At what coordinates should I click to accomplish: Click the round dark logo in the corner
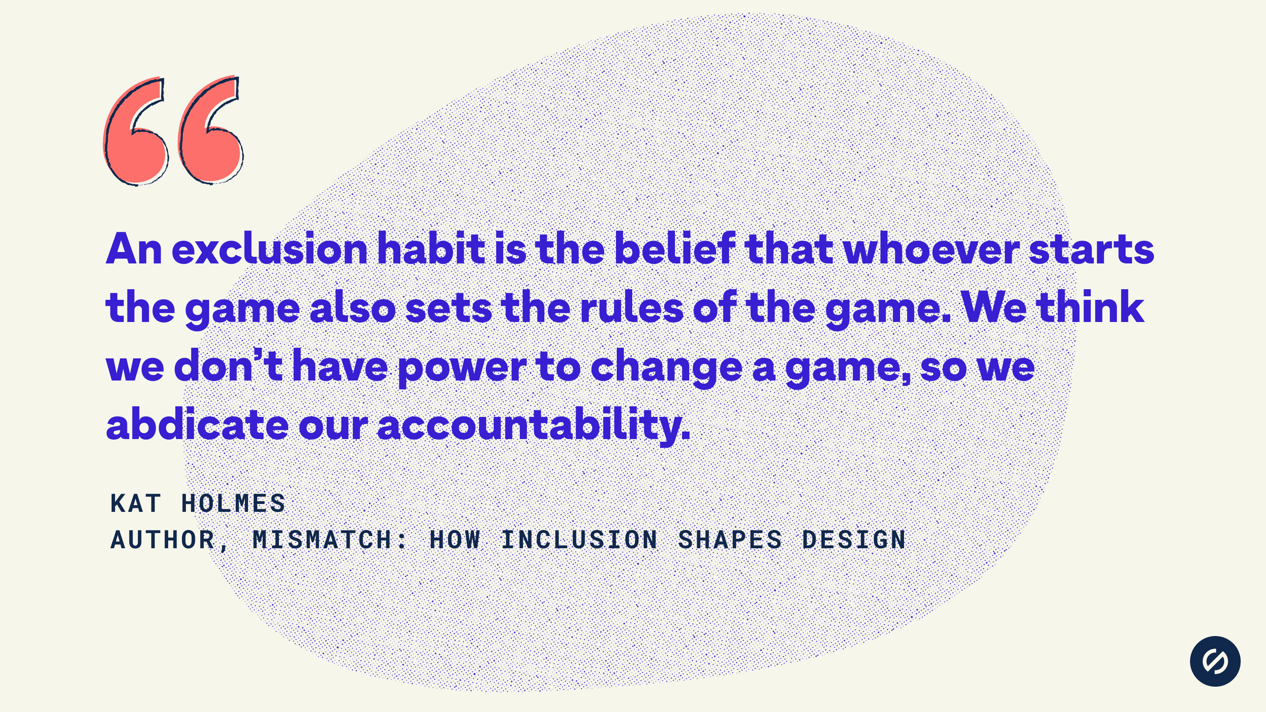pos(1215,661)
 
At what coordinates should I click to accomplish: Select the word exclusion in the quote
pos(270,249)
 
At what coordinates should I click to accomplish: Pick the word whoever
pos(931,249)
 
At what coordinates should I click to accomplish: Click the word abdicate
pos(197,424)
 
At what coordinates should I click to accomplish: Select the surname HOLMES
pos(233,503)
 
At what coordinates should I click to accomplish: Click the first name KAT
pos(136,503)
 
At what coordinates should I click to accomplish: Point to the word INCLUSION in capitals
pos(579,540)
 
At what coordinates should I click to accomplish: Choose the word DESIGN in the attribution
pos(854,540)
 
